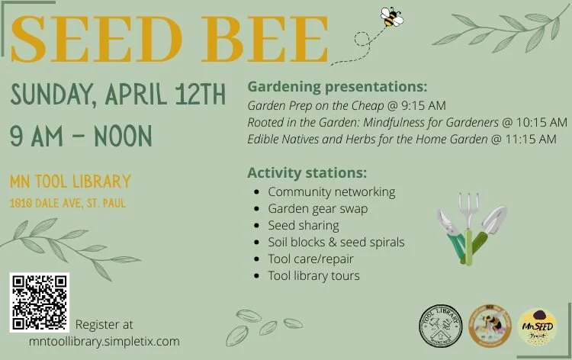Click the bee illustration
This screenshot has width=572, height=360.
point(392,17)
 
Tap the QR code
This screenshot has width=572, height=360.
point(40,302)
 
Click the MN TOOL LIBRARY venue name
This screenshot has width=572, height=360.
point(70,182)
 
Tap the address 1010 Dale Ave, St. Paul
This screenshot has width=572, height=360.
point(68,204)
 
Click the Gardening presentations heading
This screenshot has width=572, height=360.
point(337,86)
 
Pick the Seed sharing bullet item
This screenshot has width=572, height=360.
point(303,225)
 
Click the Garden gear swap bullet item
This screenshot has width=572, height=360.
point(317,208)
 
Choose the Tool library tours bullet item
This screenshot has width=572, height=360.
point(313,275)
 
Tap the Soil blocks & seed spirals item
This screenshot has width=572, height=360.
point(336,242)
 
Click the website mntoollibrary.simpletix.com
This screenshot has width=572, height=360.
point(104,341)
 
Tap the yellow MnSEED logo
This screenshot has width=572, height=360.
point(537,326)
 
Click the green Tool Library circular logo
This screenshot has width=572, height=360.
point(441,326)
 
